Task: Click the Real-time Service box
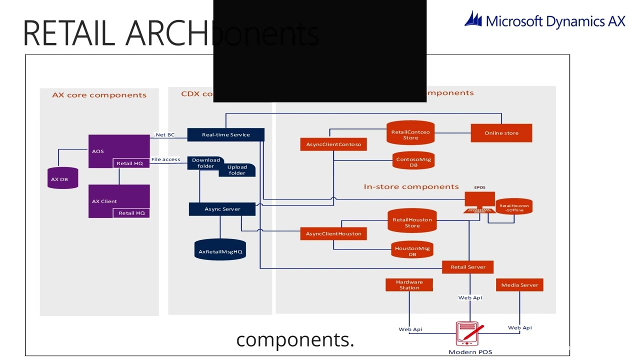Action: pyautogui.click(x=225, y=134)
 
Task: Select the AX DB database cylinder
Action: pyautogui.click(x=62, y=178)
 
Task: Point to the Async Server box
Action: pyautogui.click(x=222, y=209)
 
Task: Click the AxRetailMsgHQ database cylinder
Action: pyautogui.click(x=220, y=250)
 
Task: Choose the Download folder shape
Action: pyautogui.click(x=205, y=163)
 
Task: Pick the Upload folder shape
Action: pyautogui.click(x=237, y=170)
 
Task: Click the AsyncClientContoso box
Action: pyautogui.click(x=333, y=144)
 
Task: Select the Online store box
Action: pyautogui.click(x=501, y=133)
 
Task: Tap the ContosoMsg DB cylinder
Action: pyautogui.click(x=413, y=161)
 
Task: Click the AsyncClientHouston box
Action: pyautogui.click(x=333, y=233)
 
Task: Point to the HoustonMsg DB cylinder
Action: pyautogui.click(x=412, y=250)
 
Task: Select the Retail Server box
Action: pyautogui.click(x=467, y=267)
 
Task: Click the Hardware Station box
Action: pyautogui.click(x=409, y=284)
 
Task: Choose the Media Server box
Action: pyautogui.click(x=519, y=285)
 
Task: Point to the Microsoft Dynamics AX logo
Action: pyautogui.click(x=544, y=20)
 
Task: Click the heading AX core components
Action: pyautogui.click(x=99, y=95)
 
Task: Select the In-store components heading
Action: pyautogui.click(x=411, y=186)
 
